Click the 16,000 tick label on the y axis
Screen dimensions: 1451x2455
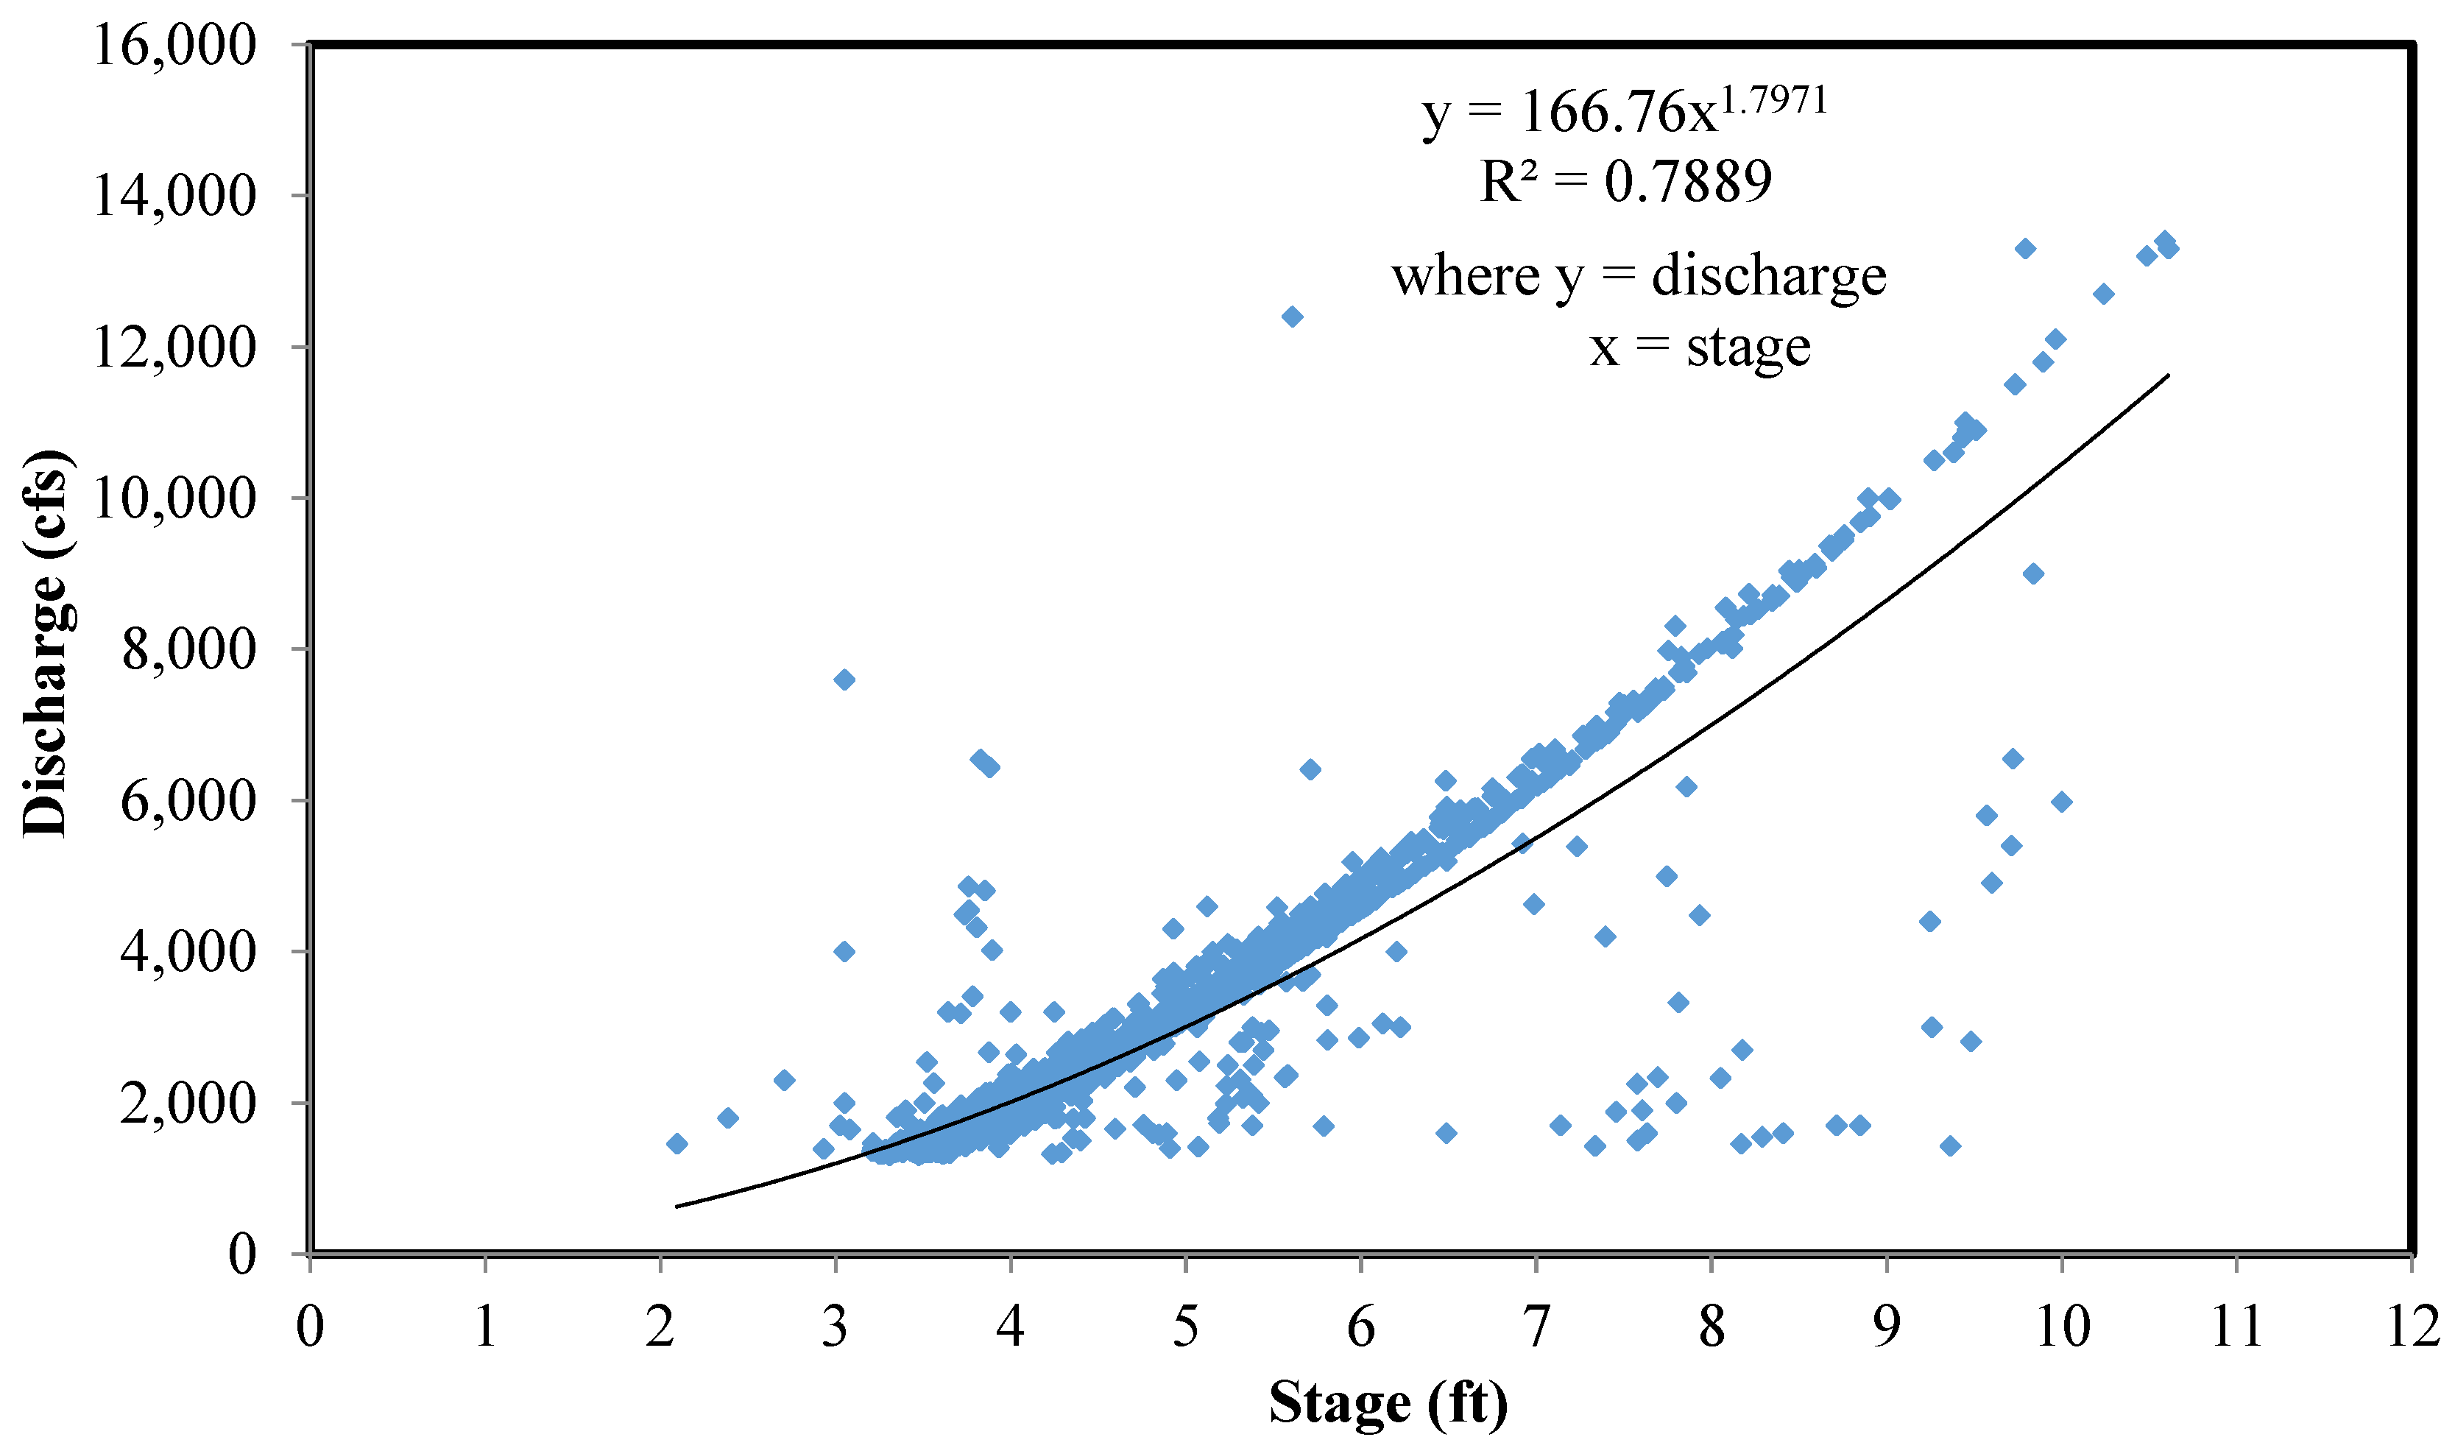coord(174,46)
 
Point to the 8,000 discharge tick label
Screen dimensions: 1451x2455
coord(188,650)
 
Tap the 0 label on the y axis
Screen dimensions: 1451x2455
coord(241,1254)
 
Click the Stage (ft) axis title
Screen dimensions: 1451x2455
coord(1388,1404)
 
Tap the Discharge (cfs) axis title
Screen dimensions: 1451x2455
coord(46,643)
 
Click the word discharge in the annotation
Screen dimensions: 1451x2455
coord(1767,277)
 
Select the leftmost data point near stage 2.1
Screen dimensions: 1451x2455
coord(677,1144)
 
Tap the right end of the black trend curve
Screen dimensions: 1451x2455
coord(2169,375)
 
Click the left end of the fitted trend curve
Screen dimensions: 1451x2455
coord(677,1207)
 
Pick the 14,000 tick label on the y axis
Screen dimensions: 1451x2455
coord(174,197)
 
